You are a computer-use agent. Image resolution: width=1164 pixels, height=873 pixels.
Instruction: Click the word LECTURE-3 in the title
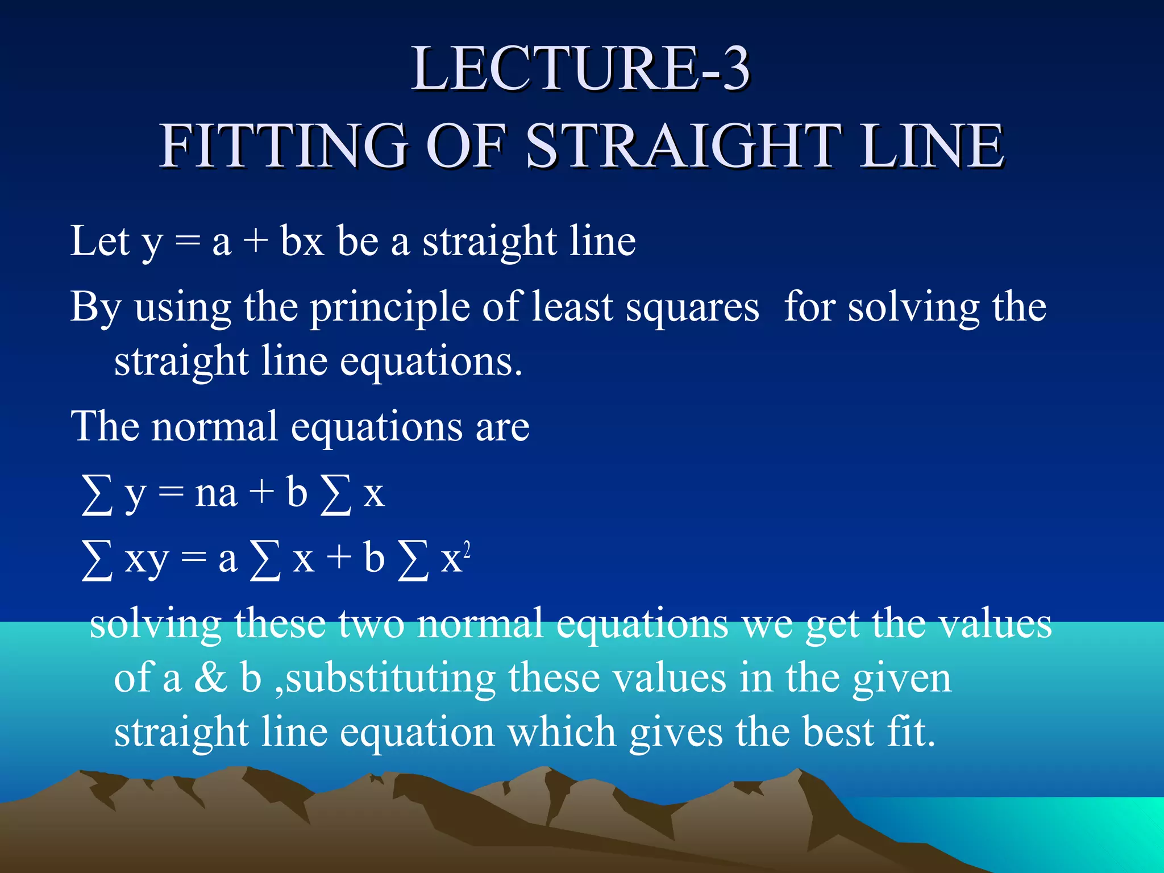pos(581,69)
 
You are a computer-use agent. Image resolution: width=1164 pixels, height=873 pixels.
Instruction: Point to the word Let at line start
pos(100,241)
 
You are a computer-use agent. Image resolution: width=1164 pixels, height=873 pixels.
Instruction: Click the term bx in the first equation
pos(302,241)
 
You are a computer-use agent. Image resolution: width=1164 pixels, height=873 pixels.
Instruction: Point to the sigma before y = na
pos(97,494)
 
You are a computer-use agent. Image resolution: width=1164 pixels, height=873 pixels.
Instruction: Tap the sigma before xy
pos(97,560)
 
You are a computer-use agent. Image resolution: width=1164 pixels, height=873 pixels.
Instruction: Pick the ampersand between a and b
pos(210,678)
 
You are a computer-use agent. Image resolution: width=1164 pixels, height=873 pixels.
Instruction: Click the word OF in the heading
pos(466,146)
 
